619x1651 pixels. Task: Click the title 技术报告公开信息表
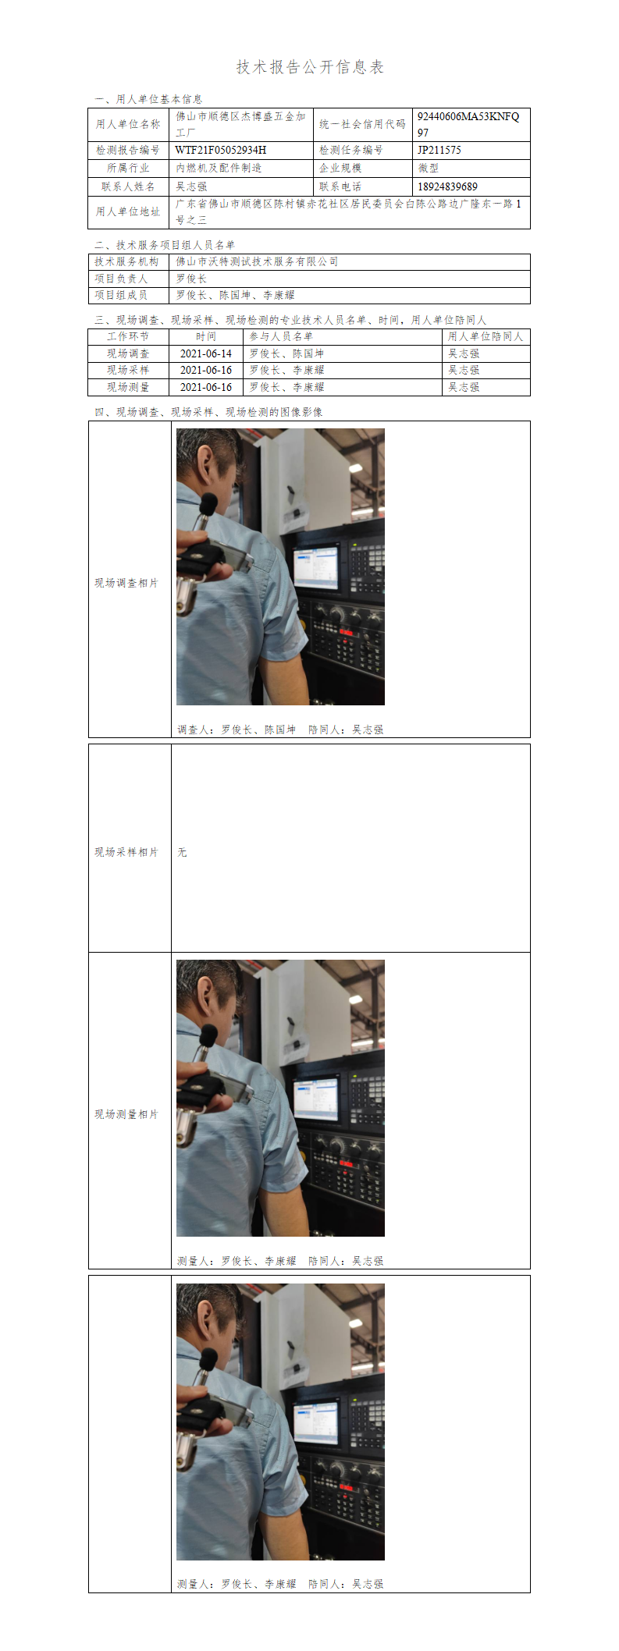tap(310, 67)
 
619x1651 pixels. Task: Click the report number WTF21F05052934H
tap(221, 150)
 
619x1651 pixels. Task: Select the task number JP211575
tap(439, 150)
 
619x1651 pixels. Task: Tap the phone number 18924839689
tap(447, 186)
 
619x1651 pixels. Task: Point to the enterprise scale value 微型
tap(429, 168)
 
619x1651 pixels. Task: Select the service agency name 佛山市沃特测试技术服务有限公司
tap(257, 261)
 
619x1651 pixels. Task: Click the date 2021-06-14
tap(206, 353)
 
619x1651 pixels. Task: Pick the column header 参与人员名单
tap(281, 336)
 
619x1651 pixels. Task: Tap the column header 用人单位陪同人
tap(486, 336)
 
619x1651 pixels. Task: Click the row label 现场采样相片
tap(126, 852)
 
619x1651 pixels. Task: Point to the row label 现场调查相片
tap(126, 583)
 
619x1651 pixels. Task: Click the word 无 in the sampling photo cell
tap(182, 852)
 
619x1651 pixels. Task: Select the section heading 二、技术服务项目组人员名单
tap(165, 245)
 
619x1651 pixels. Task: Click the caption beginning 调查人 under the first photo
tap(280, 730)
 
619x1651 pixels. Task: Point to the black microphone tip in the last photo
tap(208, 1358)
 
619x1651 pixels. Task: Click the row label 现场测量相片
tap(126, 1114)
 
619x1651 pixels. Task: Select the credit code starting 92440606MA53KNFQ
tap(468, 124)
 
